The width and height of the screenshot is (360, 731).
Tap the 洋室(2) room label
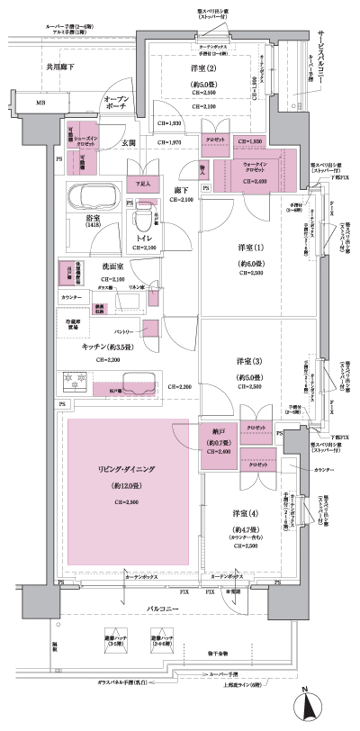202,69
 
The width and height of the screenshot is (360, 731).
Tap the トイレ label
144,239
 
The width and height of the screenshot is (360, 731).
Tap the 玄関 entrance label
129,144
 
